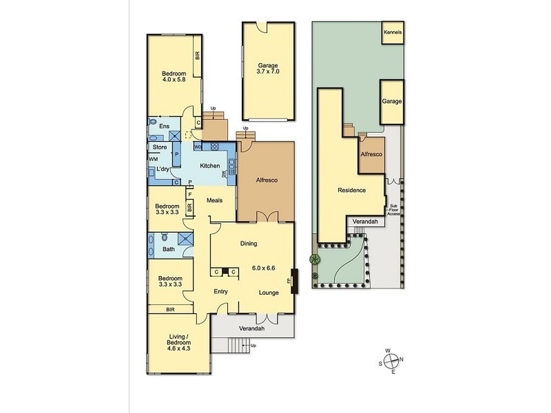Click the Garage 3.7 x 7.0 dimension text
tap(268, 72)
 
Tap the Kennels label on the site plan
tap(393, 32)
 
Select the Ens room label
tap(165, 126)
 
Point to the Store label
tap(160, 147)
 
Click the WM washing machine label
tap(153, 159)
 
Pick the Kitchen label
tap(210, 166)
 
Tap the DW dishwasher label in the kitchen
tap(224, 175)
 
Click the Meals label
tap(214, 200)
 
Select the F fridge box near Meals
tap(190, 194)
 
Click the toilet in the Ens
tap(152, 122)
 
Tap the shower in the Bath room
tap(185, 238)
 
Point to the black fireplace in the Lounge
tap(294, 281)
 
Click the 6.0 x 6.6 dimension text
tap(264, 268)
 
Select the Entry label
tap(221, 291)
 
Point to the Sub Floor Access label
tap(393, 210)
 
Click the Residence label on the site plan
tap(351, 190)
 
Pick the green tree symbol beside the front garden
tap(315, 259)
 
